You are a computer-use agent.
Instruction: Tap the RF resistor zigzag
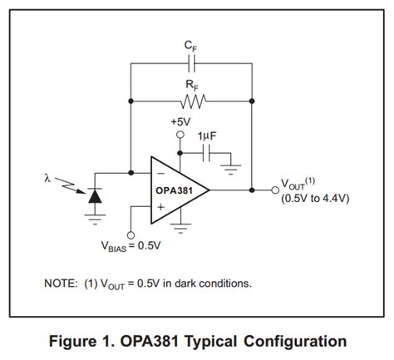click(191, 101)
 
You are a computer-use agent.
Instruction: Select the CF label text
click(191, 47)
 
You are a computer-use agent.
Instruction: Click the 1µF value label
click(208, 136)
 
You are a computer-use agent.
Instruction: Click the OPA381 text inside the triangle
click(175, 190)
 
